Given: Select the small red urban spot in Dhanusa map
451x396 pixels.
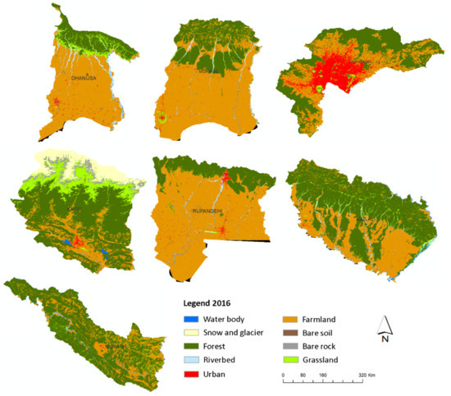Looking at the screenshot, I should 56,102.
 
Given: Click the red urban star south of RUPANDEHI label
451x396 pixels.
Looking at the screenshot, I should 222,230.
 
